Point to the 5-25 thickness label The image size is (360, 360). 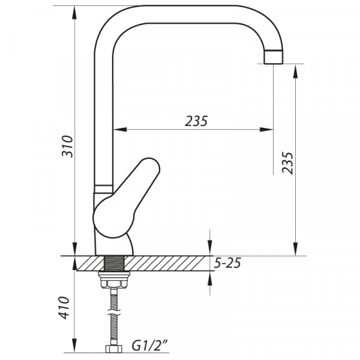pos(227,263)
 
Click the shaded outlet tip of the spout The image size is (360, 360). pos(273,56)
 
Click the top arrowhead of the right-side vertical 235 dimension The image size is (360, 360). pos(295,68)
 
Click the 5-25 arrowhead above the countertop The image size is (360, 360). pos(209,250)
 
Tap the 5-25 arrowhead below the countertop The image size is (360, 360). pos(209,275)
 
